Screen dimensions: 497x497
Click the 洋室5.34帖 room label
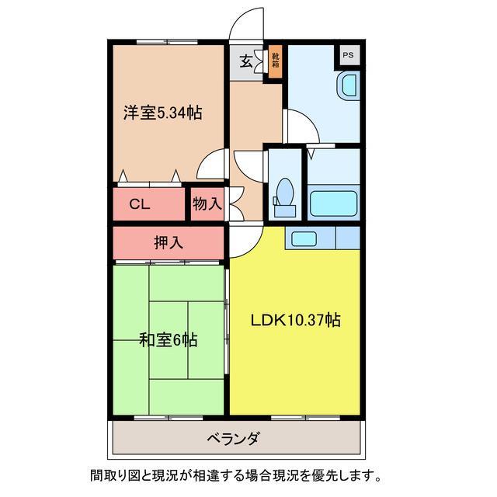[162, 113]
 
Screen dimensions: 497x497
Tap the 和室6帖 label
[168, 339]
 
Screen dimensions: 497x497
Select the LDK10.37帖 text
[295, 318]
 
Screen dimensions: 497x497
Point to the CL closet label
[139, 204]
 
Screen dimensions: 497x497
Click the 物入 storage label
[207, 204]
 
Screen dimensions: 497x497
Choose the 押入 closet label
[168, 242]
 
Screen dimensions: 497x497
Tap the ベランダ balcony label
[233, 439]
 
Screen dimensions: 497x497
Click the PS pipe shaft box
[348, 56]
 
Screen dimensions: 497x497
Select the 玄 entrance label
[245, 61]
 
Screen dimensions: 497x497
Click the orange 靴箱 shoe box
[275, 61]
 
